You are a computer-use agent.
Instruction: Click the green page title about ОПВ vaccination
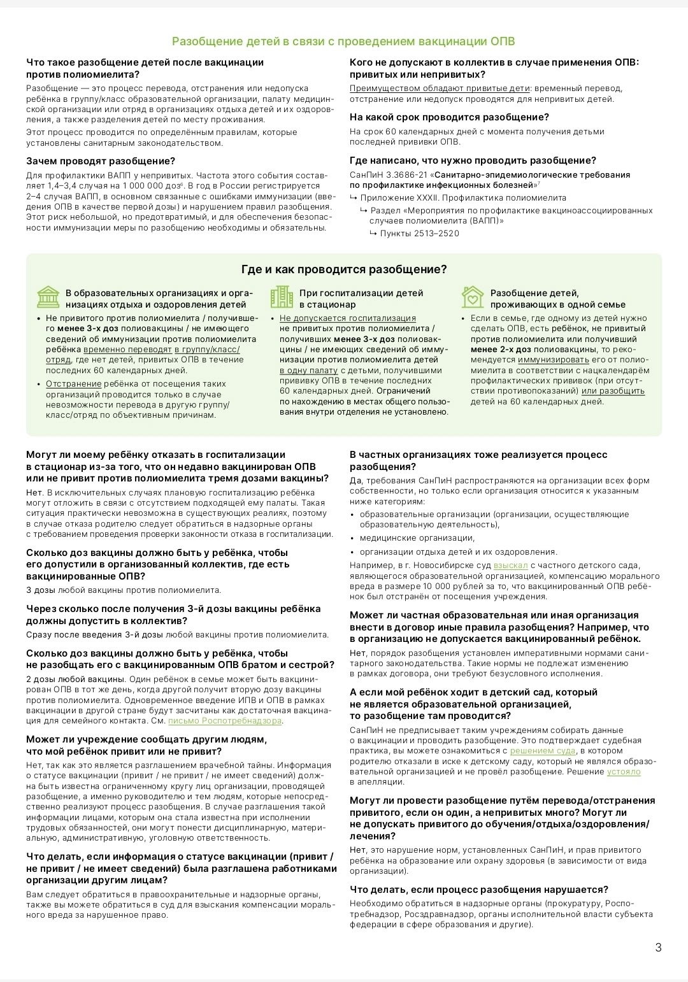click(x=343, y=41)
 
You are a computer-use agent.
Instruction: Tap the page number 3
click(x=658, y=947)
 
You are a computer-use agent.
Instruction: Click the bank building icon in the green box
click(x=48, y=297)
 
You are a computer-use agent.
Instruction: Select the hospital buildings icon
click(x=282, y=297)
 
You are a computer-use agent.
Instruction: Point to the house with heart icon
click(x=473, y=297)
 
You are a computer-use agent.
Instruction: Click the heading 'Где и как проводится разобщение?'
click(x=344, y=269)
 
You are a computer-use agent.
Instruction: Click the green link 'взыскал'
click(x=510, y=566)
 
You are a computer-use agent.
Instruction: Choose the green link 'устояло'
click(x=624, y=772)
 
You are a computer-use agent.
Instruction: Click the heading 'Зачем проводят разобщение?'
click(x=101, y=161)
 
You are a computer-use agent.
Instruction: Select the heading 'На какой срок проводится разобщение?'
click(x=449, y=117)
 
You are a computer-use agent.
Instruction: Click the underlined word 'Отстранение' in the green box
click(x=73, y=384)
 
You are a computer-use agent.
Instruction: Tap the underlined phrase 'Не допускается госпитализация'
click(x=348, y=318)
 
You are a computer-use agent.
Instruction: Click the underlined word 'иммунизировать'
click(x=553, y=360)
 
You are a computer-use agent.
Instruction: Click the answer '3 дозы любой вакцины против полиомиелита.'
click(x=124, y=590)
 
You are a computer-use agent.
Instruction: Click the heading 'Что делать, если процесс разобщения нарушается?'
click(x=479, y=890)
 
